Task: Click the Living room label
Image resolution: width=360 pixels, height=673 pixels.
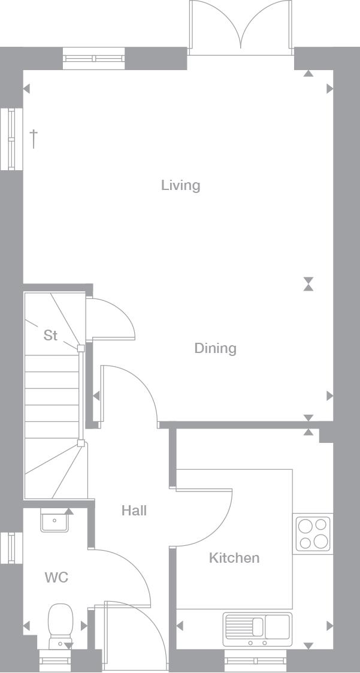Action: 181,185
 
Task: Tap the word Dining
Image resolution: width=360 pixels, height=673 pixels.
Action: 216,348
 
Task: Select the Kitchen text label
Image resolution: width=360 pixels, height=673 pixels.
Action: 234,557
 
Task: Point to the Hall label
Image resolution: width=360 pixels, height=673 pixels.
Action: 134,511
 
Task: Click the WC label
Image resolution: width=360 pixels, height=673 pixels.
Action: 57,577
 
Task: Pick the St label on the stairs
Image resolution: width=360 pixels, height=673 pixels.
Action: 51,335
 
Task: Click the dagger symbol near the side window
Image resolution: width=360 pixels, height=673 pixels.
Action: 34,138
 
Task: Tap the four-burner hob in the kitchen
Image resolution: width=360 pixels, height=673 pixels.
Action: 313,533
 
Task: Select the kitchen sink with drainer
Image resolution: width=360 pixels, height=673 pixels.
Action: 257,629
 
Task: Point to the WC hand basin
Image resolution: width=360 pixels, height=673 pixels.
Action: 55,520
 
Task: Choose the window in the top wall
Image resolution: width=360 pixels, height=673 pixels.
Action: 94,58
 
